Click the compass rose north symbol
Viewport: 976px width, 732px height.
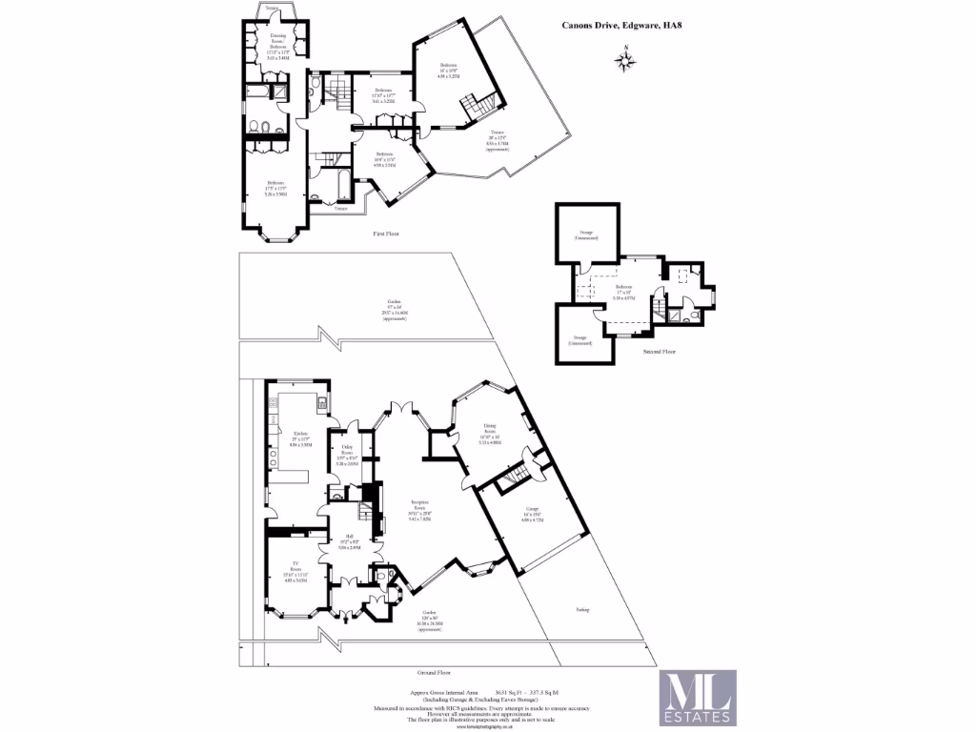pyautogui.click(x=625, y=61)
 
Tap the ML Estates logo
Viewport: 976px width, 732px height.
pyautogui.click(x=699, y=697)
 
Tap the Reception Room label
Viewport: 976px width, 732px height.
pyautogui.click(x=419, y=510)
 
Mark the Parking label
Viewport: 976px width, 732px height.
pyautogui.click(x=582, y=610)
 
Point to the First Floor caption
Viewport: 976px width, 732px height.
pyautogui.click(x=386, y=234)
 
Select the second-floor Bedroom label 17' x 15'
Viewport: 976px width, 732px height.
pyautogui.click(x=623, y=292)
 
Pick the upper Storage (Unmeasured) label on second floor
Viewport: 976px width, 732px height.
pyautogui.click(x=585, y=234)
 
